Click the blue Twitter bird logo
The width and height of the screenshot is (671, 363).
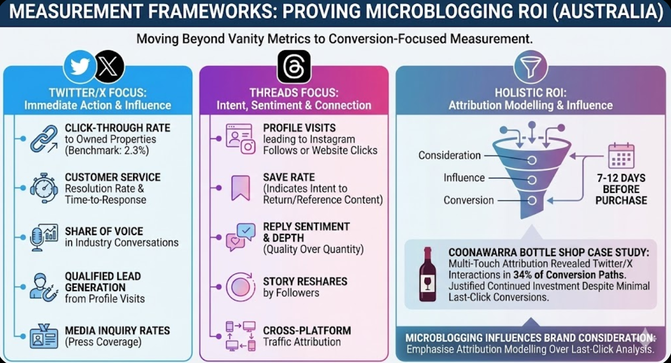pos(80,67)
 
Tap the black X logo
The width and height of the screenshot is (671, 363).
pos(109,67)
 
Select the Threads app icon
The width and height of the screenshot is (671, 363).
pos(294,67)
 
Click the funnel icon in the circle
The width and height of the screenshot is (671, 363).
pos(530,67)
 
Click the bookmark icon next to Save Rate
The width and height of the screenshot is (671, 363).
pos(240,188)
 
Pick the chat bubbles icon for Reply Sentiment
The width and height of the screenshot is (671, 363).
pos(240,237)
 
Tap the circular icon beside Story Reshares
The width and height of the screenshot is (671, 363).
pos(240,287)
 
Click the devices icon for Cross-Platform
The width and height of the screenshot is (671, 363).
pos(240,335)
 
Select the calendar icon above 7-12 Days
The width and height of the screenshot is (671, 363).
pos(621,156)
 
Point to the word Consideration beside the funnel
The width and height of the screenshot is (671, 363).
pos(449,155)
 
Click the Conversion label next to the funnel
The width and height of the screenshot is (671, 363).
pos(468,200)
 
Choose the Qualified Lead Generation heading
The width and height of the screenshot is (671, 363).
pos(102,282)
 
